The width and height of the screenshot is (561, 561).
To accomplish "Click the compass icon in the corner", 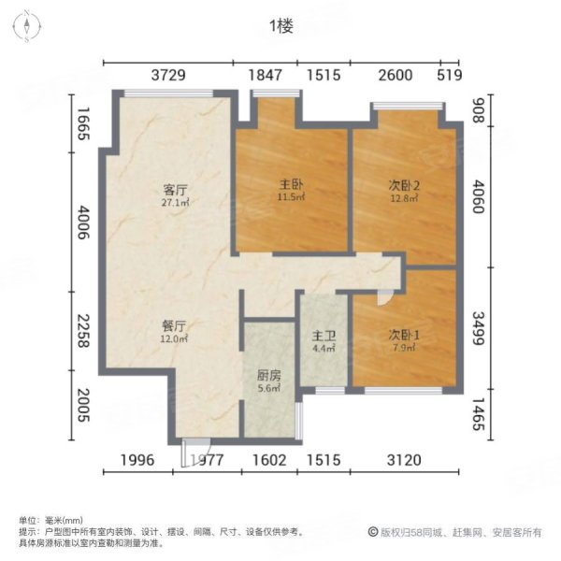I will point(28,25).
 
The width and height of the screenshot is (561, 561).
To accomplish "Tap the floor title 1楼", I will point(280,26).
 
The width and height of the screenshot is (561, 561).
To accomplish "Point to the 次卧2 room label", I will point(404,184).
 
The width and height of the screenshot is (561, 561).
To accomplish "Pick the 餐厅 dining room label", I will point(174,325).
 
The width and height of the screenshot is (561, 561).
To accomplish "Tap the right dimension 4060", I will point(480,198).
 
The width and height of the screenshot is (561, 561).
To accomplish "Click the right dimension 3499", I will point(480,327).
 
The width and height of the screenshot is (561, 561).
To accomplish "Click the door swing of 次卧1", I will point(382,295).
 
